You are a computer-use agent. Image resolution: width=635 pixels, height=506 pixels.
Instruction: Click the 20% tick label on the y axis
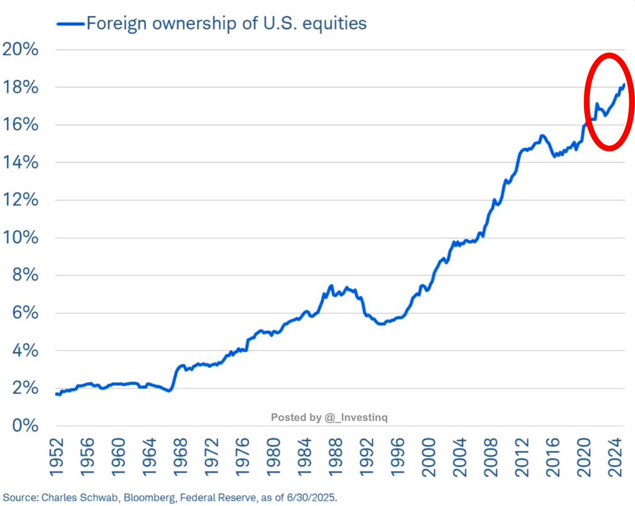coord(21,50)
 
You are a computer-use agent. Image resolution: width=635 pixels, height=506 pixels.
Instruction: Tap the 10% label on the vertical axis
coord(21,238)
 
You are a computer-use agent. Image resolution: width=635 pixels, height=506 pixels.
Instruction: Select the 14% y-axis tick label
coord(21,163)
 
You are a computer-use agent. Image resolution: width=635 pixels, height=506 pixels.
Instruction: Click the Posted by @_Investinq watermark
coord(330,418)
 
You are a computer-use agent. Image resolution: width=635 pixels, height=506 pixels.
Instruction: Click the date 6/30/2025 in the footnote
coord(317,497)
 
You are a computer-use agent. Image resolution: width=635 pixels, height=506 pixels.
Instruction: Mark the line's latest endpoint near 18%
coord(625,85)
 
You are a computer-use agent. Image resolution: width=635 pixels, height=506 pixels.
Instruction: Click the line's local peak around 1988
coord(331,286)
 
